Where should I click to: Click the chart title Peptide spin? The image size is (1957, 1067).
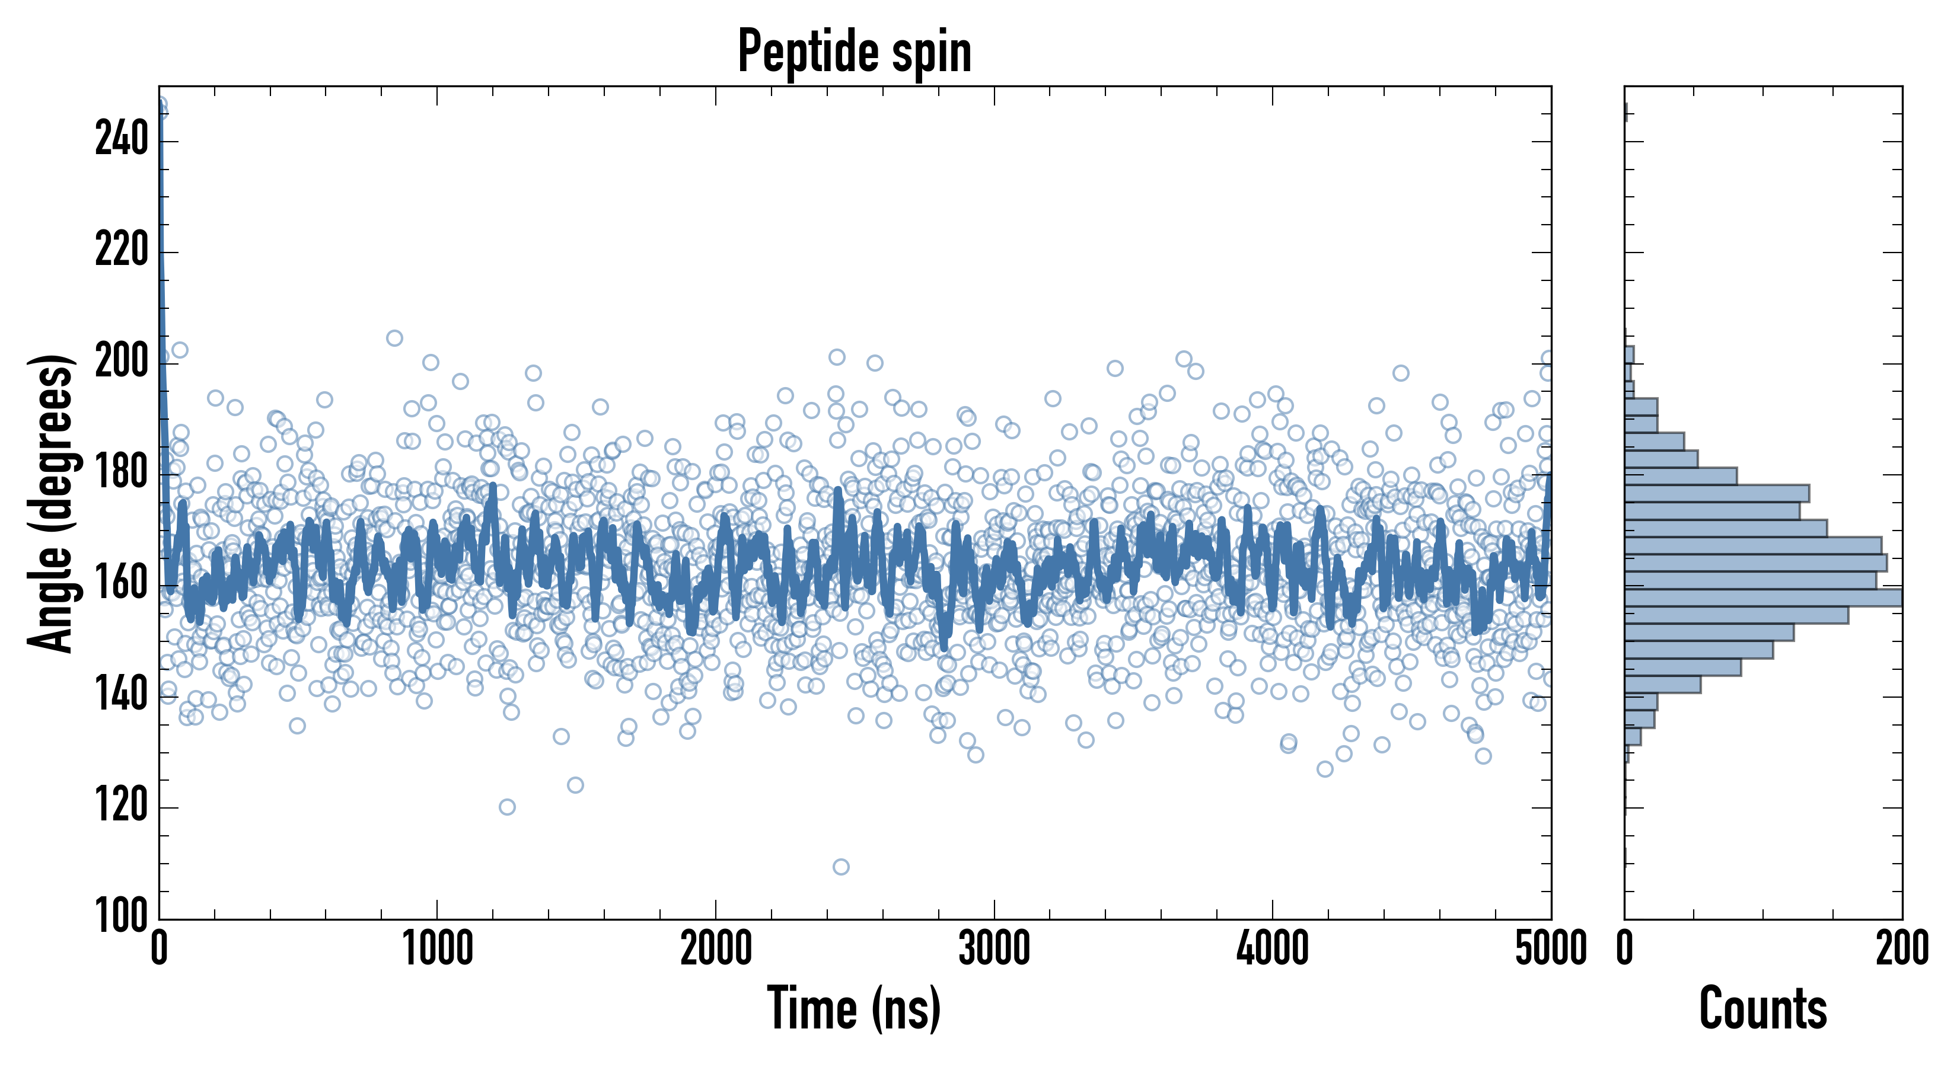coord(855,52)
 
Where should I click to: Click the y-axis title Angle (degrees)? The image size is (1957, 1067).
coord(52,503)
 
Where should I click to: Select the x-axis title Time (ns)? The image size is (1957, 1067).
coord(855,1008)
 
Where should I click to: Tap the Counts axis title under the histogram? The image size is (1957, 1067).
coord(1762,1008)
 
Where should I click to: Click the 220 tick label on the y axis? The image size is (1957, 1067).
coord(122,251)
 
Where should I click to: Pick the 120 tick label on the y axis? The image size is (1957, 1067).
coord(122,807)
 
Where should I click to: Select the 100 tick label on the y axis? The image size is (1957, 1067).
coord(122,916)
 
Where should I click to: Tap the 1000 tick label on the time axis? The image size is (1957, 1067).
coord(438,949)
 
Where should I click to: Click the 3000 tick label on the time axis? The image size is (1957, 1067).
coord(994,949)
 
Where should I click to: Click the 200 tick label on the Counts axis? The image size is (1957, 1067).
coord(1901,949)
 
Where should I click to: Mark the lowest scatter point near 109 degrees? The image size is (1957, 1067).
coord(841,867)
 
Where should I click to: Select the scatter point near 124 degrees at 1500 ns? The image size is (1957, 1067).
coord(575,784)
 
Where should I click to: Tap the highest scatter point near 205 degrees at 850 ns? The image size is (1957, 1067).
coord(394,338)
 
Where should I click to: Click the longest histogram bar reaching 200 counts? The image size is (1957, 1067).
coord(1762,598)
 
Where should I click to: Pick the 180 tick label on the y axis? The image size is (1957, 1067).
coord(122,473)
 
